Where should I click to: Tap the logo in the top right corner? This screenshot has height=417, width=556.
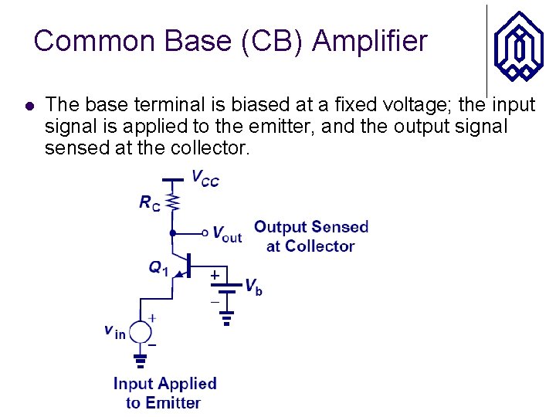[519, 46]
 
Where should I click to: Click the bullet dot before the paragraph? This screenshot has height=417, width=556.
[29, 105]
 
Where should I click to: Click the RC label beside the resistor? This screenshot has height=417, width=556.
[151, 203]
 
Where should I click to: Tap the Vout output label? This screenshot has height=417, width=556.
[226, 234]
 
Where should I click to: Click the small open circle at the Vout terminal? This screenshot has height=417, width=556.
[205, 232]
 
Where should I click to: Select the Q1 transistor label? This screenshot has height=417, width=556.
[158, 268]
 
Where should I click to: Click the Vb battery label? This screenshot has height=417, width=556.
[253, 286]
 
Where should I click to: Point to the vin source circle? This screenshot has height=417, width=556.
[141, 332]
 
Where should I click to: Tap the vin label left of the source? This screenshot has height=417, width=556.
[114, 331]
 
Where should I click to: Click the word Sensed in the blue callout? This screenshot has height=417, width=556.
[340, 227]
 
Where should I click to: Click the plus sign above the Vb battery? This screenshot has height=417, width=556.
[215, 275]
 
